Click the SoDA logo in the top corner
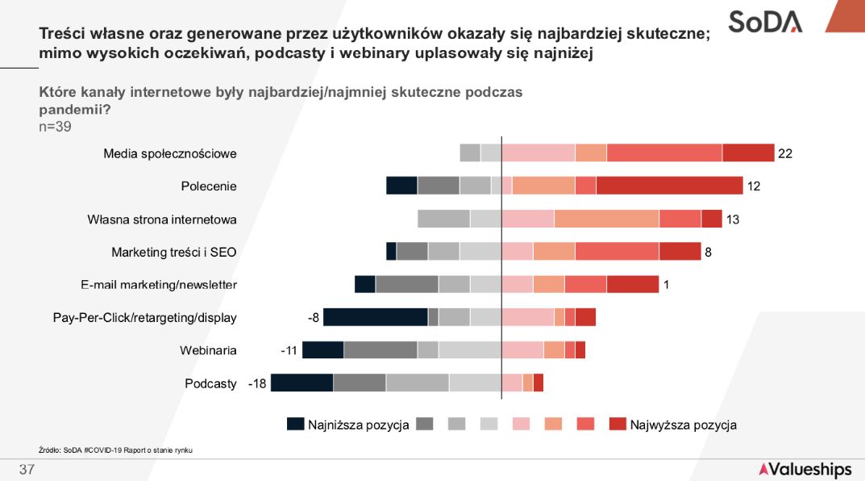pyautogui.click(x=765, y=21)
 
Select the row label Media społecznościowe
pyautogui.click(x=170, y=153)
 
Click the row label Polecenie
pyautogui.click(x=209, y=186)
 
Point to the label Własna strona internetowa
pyautogui.click(x=162, y=219)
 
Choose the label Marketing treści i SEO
pyautogui.click(x=174, y=252)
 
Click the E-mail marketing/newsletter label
pyautogui.click(x=159, y=285)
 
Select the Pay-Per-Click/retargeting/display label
pyautogui.click(x=145, y=317)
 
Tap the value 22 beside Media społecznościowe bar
pyautogui.click(x=785, y=153)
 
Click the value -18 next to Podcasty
pyautogui.click(x=257, y=383)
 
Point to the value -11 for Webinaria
pyautogui.click(x=289, y=350)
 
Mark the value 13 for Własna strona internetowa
pyautogui.click(x=733, y=219)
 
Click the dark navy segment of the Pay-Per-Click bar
pyautogui.click(x=375, y=317)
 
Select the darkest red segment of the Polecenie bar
pyautogui.click(x=669, y=186)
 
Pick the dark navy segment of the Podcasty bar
pyautogui.click(x=302, y=383)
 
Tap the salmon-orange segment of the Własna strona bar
pyautogui.click(x=606, y=219)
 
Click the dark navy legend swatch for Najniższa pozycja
pyautogui.click(x=295, y=425)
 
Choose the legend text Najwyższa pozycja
pyautogui.click(x=683, y=425)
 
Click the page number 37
pyautogui.click(x=27, y=470)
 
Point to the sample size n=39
pyautogui.click(x=56, y=126)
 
